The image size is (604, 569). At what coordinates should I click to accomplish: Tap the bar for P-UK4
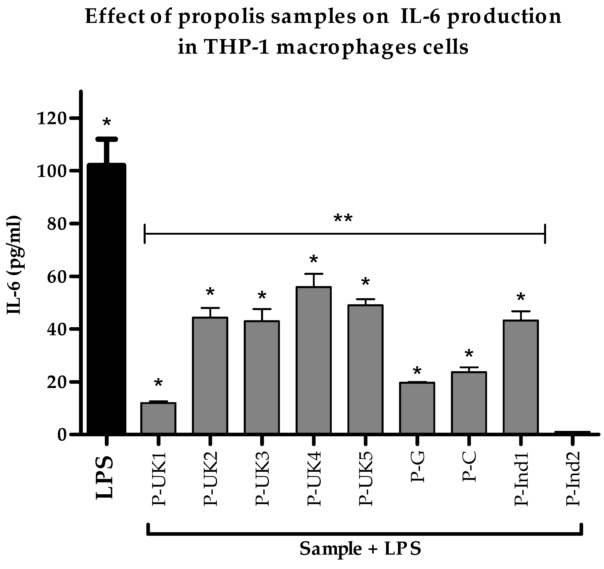[314, 360]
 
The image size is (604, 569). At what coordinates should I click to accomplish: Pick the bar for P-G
[417, 408]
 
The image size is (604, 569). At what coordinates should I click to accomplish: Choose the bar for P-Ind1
[521, 377]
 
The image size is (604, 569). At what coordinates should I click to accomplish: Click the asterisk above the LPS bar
[107, 123]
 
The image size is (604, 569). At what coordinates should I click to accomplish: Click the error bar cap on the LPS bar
[106, 139]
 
